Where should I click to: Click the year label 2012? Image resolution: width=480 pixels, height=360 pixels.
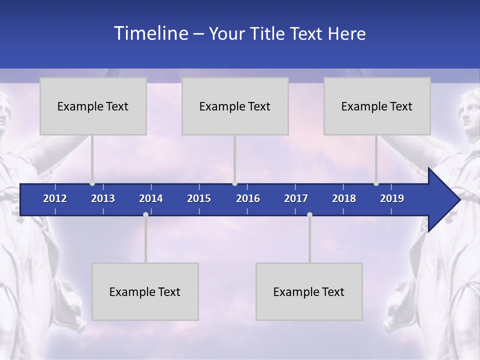pos(55,198)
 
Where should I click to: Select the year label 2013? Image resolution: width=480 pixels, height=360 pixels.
pos(103,198)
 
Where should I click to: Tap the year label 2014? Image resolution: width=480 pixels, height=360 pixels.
pos(151,198)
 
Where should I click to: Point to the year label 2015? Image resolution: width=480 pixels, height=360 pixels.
pos(199,198)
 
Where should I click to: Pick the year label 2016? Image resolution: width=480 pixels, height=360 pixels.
pos(248,198)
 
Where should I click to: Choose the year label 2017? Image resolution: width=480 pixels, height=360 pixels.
pos(296,198)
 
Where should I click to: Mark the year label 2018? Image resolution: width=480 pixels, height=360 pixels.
pos(344,198)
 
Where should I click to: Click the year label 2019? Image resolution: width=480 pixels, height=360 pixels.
pos(392,198)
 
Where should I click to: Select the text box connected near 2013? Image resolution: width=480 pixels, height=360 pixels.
pos(93,106)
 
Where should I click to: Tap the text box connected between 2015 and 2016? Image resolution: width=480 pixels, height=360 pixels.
pos(235,106)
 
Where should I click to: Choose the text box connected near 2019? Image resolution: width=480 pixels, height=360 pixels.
pos(377,106)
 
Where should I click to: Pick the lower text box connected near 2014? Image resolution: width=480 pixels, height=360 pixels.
pos(145,291)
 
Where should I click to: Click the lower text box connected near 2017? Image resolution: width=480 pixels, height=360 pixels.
pos(309,291)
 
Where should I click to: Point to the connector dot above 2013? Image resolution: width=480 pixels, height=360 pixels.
pos(92,183)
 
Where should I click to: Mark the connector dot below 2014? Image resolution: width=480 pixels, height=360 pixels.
pos(145,214)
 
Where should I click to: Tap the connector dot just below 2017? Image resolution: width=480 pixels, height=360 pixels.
pos(309,214)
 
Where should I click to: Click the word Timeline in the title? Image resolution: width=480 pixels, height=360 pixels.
pos(150,33)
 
